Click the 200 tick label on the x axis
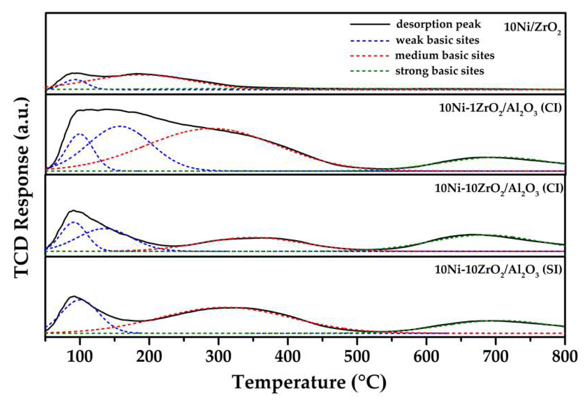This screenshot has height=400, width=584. tap(149, 357)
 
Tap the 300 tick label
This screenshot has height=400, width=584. tap(218, 357)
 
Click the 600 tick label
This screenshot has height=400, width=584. tap(426, 357)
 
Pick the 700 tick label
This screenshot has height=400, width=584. tap(496, 357)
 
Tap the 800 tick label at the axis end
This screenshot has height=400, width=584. tap(565, 357)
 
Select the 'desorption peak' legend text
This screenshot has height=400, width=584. tap(438, 24)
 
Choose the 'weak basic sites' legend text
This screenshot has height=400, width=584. tap(437, 40)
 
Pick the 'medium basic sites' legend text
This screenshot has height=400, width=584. tap(445, 56)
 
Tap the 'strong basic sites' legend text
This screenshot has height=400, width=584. tap(440, 71)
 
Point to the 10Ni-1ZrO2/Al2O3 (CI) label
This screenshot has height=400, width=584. tap(500, 109)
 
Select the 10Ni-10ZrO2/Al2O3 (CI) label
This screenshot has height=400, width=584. tap(499, 189)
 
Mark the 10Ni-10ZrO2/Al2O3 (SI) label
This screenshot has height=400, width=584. tap(498, 270)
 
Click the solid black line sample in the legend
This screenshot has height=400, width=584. tap(370, 24)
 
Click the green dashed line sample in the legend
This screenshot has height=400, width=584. tap(370, 71)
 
